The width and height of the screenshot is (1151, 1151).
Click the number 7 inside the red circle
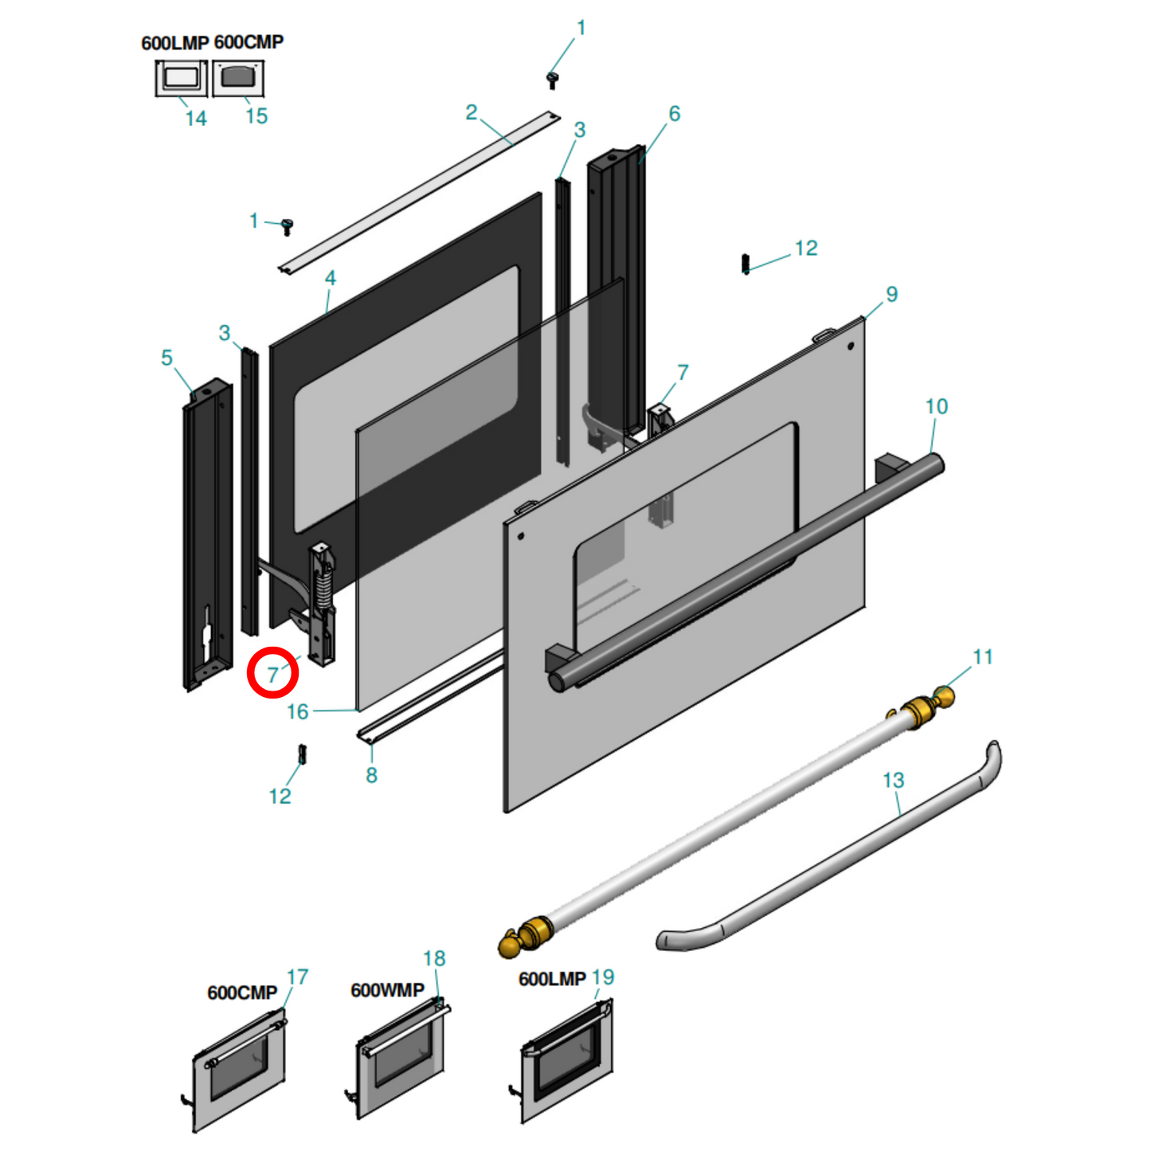point(273,675)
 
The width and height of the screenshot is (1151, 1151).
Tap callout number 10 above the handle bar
point(936,407)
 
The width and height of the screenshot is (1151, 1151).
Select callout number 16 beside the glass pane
point(297,711)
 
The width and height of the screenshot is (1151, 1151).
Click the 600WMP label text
point(387,990)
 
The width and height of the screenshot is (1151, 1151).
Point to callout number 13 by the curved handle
point(893,781)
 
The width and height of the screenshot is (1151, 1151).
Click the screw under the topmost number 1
point(551,79)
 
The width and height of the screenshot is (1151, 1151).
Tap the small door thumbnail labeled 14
point(181,79)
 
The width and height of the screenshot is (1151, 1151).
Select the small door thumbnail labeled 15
point(237,78)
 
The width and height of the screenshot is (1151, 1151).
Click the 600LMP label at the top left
point(174,43)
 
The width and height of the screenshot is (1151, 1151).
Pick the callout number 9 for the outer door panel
point(891,295)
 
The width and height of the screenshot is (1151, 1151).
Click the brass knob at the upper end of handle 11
point(944,698)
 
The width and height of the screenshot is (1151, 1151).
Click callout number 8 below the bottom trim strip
point(371,775)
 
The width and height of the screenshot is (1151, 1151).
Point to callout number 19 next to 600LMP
point(603,977)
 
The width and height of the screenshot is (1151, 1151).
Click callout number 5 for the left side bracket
point(166,358)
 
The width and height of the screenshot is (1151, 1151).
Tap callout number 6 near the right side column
point(674,114)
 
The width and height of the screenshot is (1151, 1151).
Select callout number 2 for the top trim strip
point(472,112)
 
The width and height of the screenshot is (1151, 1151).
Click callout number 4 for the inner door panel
point(330,278)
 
